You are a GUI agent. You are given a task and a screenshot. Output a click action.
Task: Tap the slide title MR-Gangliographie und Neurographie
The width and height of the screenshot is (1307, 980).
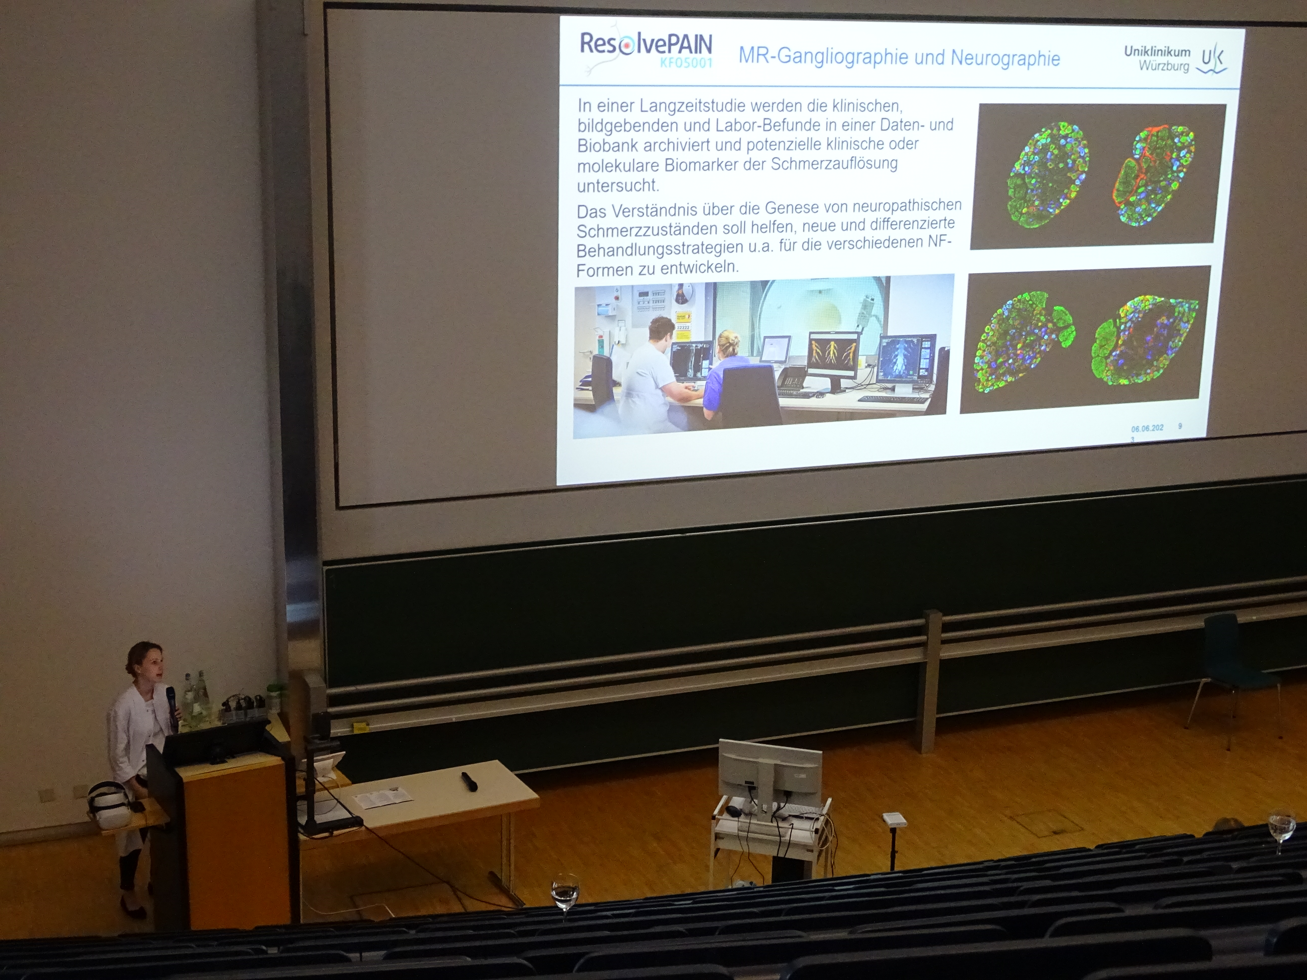coord(899,57)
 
